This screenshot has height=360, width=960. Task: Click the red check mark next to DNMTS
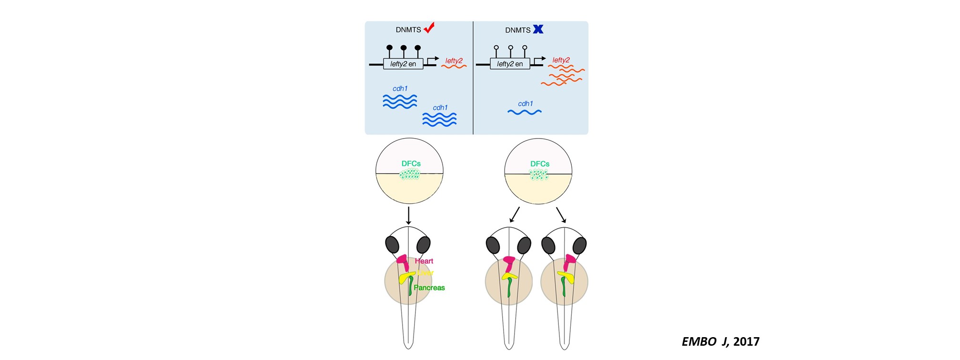click(429, 28)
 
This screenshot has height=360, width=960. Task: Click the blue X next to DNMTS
click(538, 29)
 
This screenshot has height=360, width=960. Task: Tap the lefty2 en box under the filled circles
click(403, 64)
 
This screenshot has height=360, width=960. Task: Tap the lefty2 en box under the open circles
click(510, 64)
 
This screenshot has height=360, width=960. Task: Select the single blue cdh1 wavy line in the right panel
click(525, 112)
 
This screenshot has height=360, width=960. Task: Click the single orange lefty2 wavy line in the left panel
click(454, 67)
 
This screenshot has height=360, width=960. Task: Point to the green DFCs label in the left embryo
click(411, 163)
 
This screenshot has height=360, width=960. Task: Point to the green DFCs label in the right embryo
click(540, 164)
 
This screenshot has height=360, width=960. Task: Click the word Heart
click(424, 261)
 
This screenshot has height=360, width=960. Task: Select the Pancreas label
click(429, 288)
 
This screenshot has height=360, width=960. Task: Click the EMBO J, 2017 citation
click(720, 341)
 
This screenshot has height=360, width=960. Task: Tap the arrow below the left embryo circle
click(408, 215)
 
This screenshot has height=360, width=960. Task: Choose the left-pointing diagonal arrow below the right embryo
click(514, 215)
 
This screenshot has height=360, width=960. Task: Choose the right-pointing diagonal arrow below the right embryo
click(561, 215)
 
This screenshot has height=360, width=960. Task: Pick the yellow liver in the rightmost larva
click(566, 277)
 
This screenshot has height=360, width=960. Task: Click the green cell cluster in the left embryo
click(410, 174)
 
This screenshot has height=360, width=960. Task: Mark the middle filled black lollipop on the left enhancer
click(404, 48)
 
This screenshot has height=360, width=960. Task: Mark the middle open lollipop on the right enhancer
click(510, 48)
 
